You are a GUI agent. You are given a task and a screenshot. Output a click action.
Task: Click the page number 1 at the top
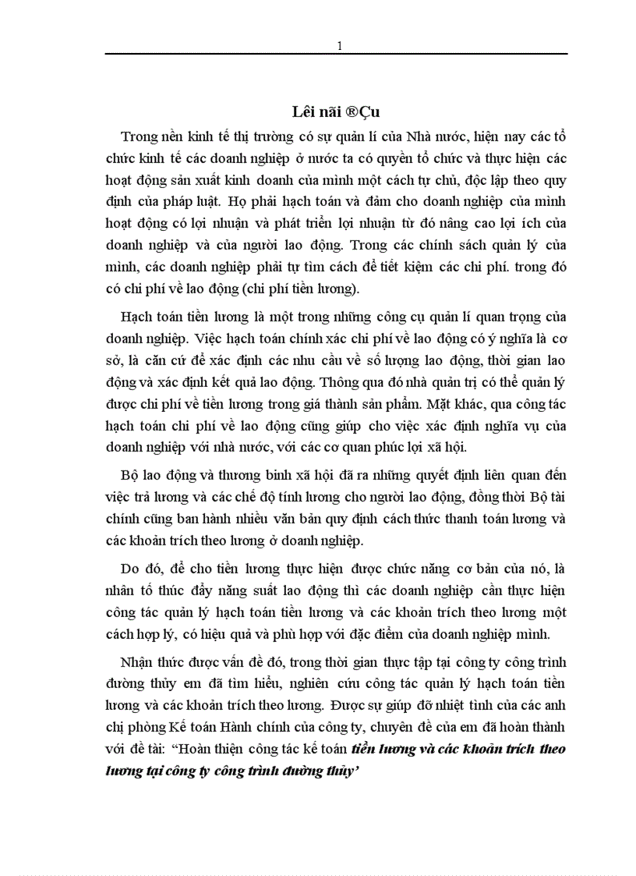[339, 46]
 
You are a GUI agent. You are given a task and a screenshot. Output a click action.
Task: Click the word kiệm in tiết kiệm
[425, 268]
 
